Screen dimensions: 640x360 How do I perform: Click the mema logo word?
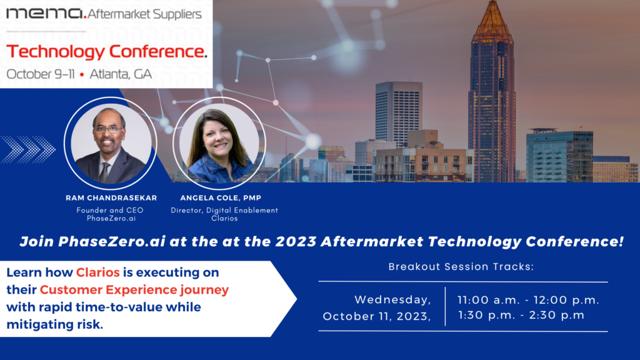(44, 14)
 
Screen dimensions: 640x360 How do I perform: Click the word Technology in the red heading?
(56, 51)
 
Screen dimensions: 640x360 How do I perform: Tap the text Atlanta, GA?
(121, 74)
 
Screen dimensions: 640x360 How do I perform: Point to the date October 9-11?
(41, 74)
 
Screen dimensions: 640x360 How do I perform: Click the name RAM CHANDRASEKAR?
(111, 198)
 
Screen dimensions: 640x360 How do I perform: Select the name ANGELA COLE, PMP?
(221, 198)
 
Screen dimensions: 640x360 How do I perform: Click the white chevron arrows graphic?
(27, 149)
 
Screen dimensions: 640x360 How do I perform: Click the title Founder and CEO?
(110, 210)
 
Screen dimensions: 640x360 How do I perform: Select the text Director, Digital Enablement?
(224, 210)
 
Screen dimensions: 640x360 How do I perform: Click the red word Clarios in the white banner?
(98, 272)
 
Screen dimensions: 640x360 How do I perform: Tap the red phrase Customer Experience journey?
(134, 290)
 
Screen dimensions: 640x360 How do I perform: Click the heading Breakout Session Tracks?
(461, 266)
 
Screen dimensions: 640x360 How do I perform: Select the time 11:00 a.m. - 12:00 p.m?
(528, 300)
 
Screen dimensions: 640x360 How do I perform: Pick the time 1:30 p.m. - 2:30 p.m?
(521, 315)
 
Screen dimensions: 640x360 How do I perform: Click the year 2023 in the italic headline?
(296, 241)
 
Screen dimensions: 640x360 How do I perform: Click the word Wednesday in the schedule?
(392, 300)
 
